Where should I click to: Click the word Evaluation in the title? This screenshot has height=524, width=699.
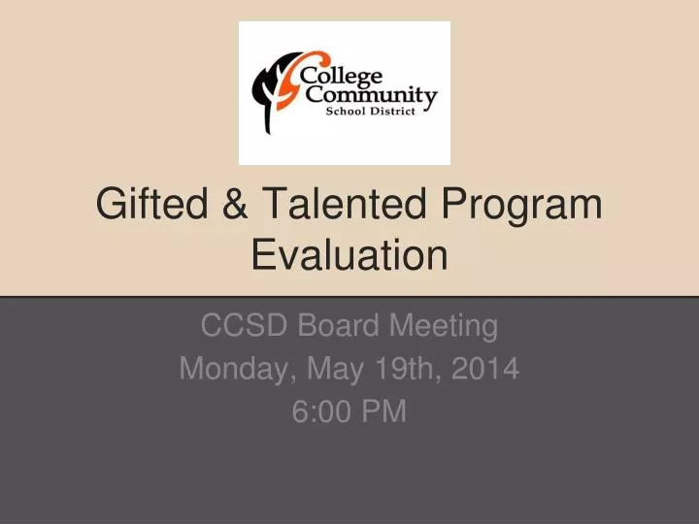[x=349, y=256]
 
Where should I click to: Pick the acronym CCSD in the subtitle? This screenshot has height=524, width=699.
[x=236, y=326]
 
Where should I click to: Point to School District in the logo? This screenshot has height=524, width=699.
[x=370, y=114]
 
